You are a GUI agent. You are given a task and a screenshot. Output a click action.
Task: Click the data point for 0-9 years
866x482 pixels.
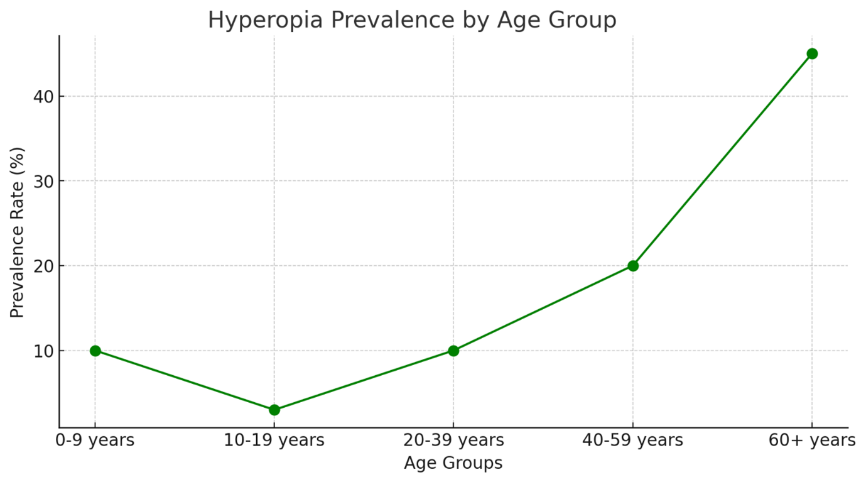95,351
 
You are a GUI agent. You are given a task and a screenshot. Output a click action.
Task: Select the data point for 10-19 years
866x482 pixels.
274,410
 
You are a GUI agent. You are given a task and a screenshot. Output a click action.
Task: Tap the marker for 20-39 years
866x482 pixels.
453,351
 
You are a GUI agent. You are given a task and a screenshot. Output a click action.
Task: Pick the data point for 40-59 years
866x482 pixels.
633,266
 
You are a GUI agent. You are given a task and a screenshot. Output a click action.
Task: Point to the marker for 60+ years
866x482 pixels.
812,53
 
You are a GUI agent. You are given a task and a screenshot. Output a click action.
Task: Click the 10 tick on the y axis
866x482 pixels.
43,351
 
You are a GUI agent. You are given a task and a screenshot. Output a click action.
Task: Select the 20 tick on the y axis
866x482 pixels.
43,266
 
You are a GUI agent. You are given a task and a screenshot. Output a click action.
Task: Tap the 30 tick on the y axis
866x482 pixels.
43,181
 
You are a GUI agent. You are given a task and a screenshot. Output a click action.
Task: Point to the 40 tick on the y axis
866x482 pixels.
43,96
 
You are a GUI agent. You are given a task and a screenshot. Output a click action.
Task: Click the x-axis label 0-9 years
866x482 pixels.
95,440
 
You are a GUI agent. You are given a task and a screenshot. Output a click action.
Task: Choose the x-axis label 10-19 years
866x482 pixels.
274,440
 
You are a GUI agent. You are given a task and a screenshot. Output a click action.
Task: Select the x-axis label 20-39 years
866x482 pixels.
453,440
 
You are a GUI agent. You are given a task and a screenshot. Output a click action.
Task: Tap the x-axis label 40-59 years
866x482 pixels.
633,440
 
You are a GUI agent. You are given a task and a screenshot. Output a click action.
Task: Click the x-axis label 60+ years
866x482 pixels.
812,440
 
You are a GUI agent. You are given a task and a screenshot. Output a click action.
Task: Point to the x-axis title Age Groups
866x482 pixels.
453,463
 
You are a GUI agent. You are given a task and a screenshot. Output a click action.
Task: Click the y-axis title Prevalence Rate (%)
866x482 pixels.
18,233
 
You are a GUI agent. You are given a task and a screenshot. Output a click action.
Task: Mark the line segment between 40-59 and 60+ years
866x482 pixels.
722,160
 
